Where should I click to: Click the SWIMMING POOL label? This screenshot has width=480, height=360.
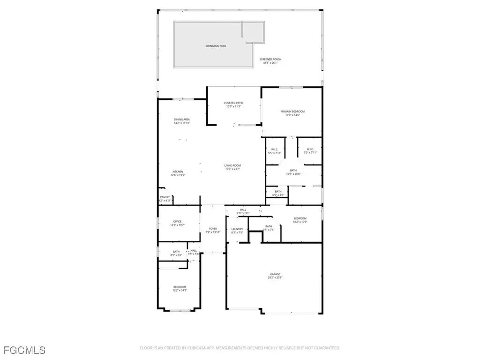click(216, 46)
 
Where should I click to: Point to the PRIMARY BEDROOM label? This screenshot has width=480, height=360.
click(292, 112)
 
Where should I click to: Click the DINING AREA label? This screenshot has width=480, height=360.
click(182, 120)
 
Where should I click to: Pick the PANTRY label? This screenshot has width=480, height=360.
click(165, 197)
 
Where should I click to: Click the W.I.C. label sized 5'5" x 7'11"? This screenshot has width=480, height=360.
click(275, 150)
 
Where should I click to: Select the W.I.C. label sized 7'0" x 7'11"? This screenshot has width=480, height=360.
click(310, 150)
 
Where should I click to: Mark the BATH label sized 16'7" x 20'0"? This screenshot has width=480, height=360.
click(293, 171)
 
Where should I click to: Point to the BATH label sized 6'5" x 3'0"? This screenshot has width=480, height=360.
click(278, 191)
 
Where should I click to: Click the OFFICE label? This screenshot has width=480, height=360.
click(177, 222)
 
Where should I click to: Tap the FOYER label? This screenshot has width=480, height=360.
click(213, 229)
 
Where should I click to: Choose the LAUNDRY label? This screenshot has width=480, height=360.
click(237, 229)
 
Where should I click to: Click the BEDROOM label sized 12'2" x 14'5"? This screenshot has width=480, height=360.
click(180, 287)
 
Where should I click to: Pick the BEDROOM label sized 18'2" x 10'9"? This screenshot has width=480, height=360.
click(300, 218)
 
